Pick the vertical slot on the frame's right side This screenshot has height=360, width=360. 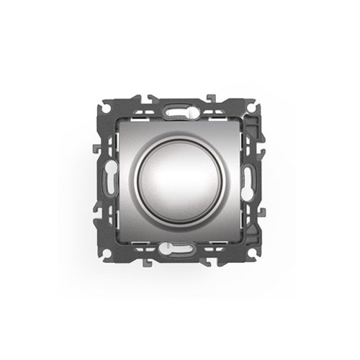coord(248,179)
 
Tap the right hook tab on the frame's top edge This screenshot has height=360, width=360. coord(214,99)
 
